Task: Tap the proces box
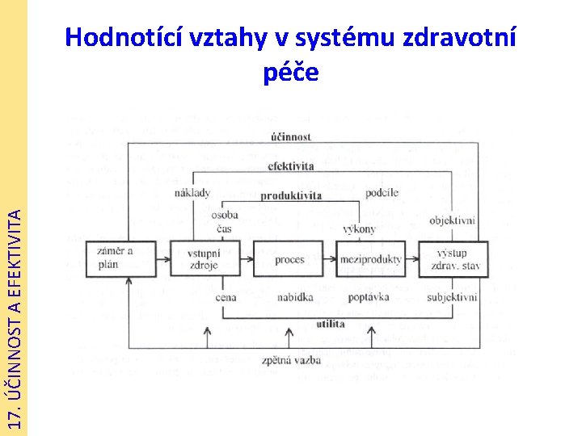click(289, 259)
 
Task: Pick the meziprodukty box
click(370, 259)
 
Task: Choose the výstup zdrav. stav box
click(453, 259)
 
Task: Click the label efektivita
click(290, 166)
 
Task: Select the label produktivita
click(291, 195)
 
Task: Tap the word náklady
click(192, 193)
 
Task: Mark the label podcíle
click(382, 192)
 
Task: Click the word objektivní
click(452, 220)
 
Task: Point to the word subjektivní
click(452, 298)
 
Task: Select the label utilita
click(331, 324)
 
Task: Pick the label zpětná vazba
click(290, 360)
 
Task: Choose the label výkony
click(359, 229)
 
